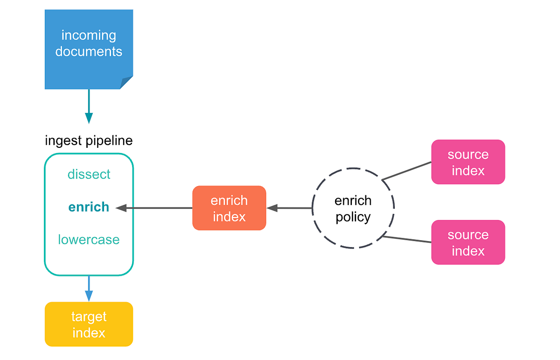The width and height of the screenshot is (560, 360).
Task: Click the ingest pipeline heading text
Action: [x=89, y=140]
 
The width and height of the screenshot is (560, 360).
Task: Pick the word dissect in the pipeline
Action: [x=89, y=174]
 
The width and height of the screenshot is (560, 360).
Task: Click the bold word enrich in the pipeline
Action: [x=89, y=207]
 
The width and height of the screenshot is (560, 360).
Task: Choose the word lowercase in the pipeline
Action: [x=89, y=240]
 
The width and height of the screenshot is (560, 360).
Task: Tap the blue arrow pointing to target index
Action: [x=89, y=289]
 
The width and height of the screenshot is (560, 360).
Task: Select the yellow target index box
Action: [x=89, y=324]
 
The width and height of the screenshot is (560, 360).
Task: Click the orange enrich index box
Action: [x=229, y=208]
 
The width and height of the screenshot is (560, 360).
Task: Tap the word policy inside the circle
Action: [x=353, y=217]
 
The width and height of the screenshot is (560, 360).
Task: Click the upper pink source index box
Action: [x=468, y=162]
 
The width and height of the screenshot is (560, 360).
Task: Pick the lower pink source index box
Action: [x=468, y=242]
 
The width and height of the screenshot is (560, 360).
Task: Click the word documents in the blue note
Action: [x=89, y=51]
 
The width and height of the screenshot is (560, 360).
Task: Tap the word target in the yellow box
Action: [x=89, y=317]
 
